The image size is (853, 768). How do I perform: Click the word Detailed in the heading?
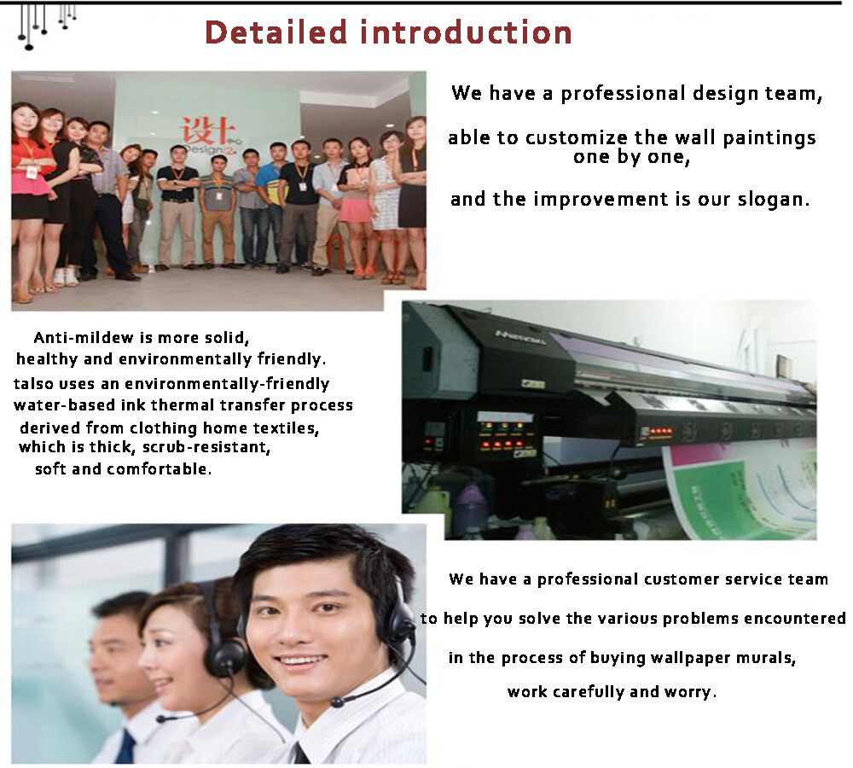pos(276,32)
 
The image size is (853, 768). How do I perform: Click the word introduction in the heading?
pos(467,32)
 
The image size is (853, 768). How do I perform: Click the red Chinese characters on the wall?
pos(208,131)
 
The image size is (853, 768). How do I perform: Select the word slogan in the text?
pos(773,200)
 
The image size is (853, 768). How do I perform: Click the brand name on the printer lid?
pos(520,337)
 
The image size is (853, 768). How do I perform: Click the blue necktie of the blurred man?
pos(127,746)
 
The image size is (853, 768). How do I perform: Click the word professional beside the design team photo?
pos(623,94)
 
